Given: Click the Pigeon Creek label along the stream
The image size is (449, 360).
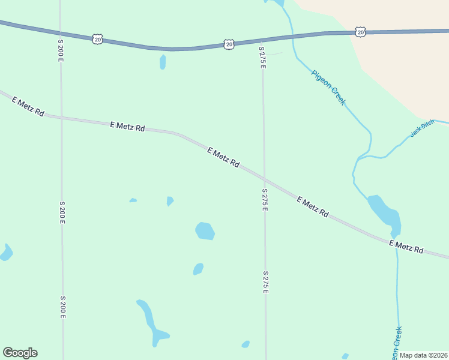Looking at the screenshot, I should click(328, 88).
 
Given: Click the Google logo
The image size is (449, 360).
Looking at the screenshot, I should click(20, 353).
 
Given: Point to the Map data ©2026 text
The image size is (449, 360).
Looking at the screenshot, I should click(424, 355).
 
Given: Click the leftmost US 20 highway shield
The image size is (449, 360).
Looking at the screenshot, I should click(98, 39).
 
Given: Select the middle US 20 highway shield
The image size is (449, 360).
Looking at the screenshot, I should click(229, 44).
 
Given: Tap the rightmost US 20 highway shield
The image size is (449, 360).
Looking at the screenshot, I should click(360, 31).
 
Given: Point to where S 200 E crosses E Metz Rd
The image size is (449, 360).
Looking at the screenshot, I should click(61, 117).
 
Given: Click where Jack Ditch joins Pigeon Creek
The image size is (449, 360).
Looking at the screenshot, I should click(359, 158).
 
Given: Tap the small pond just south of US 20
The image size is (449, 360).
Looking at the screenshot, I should click(163, 62).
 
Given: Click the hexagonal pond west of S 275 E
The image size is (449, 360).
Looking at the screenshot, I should click(205, 231).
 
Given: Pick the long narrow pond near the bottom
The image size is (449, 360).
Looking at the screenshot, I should click(151, 322).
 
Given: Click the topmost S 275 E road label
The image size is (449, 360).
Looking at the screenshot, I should click(262, 57).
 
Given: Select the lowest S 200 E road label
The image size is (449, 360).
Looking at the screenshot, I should click(62, 307).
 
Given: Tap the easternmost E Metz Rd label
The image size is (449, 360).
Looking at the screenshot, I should click(406, 246).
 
